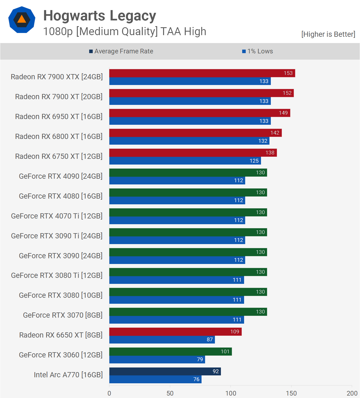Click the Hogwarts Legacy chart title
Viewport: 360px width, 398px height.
tap(100, 16)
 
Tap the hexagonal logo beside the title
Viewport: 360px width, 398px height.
tap(22, 20)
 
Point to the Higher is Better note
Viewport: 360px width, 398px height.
tap(328, 34)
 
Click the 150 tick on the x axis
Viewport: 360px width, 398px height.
tap(291, 393)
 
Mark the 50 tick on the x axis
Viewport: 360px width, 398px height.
tap(170, 393)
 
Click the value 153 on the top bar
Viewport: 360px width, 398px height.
tap(288, 73)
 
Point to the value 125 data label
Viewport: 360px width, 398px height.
tap(254, 161)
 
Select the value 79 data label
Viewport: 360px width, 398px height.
tap(200, 360)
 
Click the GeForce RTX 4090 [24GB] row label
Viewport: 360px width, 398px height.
tap(61, 176)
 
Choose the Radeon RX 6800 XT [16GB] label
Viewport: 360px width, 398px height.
tap(59, 136)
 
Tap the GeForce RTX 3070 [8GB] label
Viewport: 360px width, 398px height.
tap(63, 315)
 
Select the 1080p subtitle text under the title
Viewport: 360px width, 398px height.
tap(125, 32)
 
